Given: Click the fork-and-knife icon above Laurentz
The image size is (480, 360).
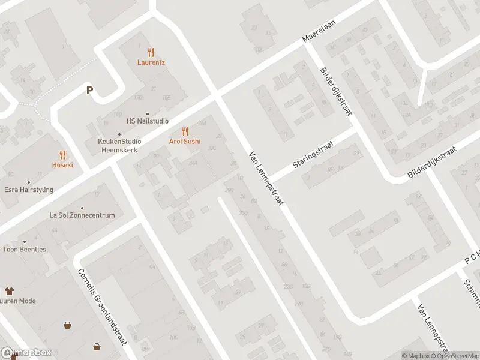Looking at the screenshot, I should [x=151, y=52].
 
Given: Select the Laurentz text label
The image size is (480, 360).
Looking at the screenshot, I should [x=151, y=62].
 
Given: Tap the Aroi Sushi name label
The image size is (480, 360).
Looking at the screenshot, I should [x=184, y=142].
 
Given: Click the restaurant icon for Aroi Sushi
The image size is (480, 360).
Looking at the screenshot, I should [x=184, y=131].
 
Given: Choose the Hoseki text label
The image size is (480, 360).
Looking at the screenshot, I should [x=62, y=164].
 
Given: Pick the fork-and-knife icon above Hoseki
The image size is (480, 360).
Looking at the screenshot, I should [x=62, y=154].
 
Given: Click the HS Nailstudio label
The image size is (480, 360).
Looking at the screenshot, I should [x=148, y=121].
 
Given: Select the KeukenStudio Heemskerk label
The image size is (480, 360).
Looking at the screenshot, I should [x=120, y=145].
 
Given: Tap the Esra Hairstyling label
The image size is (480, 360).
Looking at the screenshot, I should [x=28, y=190].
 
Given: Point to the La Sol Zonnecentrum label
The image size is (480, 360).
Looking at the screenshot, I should [x=82, y=215].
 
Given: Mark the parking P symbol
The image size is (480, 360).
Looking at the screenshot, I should [x=90, y=91].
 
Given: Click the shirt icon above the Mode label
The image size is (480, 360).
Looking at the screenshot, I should [x=8, y=290].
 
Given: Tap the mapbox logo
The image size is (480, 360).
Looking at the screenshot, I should [x=26, y=353].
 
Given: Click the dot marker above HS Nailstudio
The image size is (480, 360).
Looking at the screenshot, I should [x=148, y=113].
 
